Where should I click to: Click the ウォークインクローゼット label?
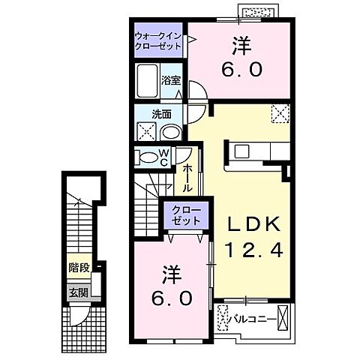pos(159,40)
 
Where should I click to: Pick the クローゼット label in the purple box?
pos(184,216)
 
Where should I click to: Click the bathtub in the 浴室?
pos(147,80)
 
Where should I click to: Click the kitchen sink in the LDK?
pos(241,151)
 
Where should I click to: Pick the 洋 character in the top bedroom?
pos(240,45)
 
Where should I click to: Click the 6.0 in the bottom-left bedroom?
pos(172,298)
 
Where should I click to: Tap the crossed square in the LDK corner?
pos(280,112)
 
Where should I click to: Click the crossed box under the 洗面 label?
pos(145,132)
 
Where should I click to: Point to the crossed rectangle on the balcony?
pos(283,318)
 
